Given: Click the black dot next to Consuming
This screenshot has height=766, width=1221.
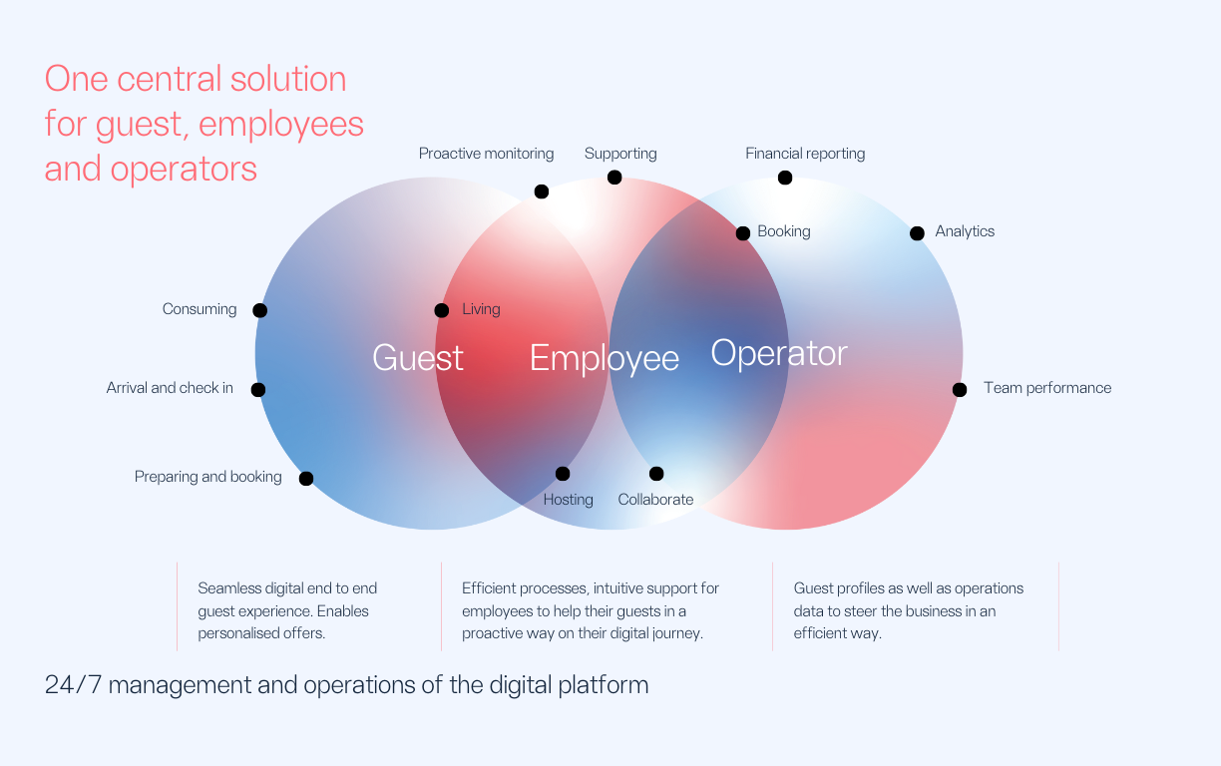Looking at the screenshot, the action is pyautogui.click(x=260, y=310).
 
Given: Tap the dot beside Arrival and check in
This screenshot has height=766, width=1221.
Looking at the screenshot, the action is pyautogui.click(x=258, y=390).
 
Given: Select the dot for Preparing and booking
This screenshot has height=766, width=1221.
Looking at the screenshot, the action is pyautogui.click(x=306, y=478).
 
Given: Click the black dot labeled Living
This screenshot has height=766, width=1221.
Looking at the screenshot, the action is pyautogui.click(x=442, y=310).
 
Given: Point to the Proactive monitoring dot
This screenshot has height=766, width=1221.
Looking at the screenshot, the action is pyautogui.click(x=542, y=191).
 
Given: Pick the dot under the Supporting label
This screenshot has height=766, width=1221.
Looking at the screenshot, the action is pyautogui.click(x=614, y=178).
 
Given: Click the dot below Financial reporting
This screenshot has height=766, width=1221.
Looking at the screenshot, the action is pyautogui.click(x=785, y=178).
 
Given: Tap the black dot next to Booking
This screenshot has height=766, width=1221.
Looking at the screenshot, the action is pyautogui.click(x=743, y=233).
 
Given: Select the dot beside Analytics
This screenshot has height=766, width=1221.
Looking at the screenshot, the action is pyautogui.click(x=918, y=233).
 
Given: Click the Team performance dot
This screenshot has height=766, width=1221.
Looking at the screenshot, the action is pyautogui.click(x=960, y=390).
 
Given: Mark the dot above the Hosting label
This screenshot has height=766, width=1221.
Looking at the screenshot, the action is pyautogui.click(x=563, y=474).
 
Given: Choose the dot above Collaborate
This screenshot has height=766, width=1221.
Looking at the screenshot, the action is pyautogui.click(x=656, y=474).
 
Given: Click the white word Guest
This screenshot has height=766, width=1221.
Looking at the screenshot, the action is pyautogui.click(x=418, y=358).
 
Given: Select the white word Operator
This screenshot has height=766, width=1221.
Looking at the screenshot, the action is pyautogui.click(x=779, y=354).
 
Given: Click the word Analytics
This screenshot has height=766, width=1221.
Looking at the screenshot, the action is pyautogui.click(x=965, y=231).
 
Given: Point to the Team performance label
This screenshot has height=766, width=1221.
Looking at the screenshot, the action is pyautogui.click(x=1047, y=388).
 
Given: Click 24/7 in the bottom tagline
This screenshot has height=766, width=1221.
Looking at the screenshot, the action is pyautogui.click(x=73, y=685).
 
